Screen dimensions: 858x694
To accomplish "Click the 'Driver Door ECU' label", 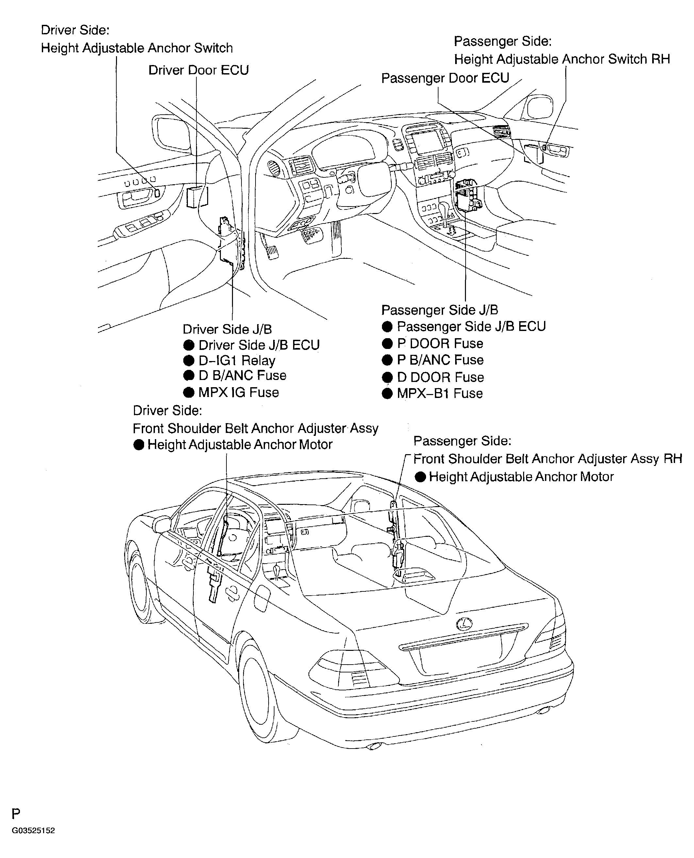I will tap(198, 70).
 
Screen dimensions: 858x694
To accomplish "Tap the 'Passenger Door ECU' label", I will tap(445, 78).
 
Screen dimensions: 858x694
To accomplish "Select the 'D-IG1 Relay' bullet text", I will tap(237, 361).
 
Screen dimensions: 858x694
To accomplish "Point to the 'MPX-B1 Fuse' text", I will tap(439, 393).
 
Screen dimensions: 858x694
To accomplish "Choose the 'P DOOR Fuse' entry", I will tap(439, 343).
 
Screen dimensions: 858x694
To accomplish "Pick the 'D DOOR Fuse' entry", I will tap(440, 377).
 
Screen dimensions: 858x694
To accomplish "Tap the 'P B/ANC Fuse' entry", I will tap(440, 360).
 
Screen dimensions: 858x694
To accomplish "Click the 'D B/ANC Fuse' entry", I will tap(242, 375).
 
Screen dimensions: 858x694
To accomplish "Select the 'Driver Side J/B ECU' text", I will tap(259, 345).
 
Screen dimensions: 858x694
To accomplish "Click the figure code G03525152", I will tap(33, 831).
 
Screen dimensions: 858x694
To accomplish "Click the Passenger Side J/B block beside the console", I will tap(467, 196).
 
